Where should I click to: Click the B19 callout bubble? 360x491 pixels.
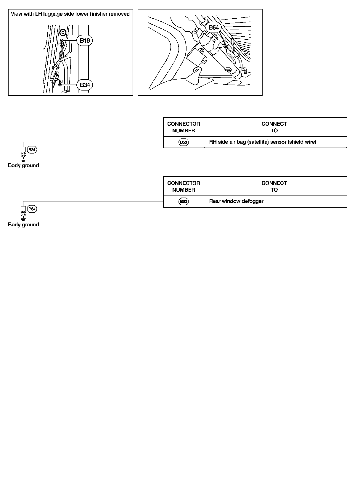85,41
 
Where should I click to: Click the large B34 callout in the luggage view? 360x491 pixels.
85,85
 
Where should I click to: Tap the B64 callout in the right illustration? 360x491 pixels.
213,28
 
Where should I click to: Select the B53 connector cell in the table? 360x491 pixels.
184,142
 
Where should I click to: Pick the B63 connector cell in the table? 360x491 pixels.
184,201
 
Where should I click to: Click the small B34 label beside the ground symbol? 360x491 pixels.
32,150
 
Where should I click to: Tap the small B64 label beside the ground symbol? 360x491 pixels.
32,209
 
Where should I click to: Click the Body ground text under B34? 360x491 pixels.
23,166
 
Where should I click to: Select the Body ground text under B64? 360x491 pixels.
23,225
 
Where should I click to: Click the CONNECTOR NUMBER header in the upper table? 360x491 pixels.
184,127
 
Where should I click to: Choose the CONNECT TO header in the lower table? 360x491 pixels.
274,186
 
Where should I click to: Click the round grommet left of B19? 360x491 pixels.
62,32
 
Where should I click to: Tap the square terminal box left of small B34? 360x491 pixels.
23,149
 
